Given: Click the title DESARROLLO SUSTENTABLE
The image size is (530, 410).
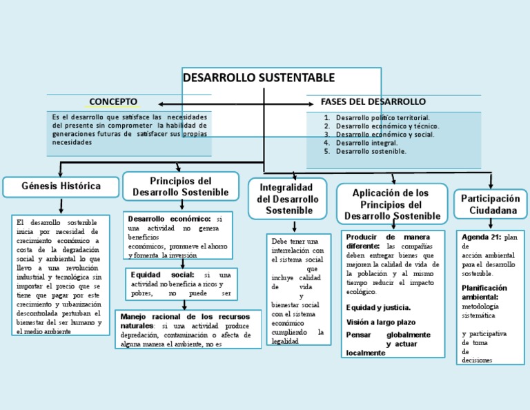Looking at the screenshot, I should (x=259, y=77).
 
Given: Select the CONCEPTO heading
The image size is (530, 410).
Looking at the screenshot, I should (x=113, y=101).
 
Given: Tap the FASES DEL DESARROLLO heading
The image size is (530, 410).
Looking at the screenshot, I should (x=373, y=101).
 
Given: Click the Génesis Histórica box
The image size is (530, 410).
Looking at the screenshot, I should (x=61, y=186).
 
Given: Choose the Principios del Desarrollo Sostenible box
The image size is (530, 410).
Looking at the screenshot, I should (x=181, y=186).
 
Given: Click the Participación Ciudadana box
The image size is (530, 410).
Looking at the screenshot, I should (x=489, y=204).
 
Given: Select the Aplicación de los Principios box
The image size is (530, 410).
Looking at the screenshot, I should (x=391, y=204).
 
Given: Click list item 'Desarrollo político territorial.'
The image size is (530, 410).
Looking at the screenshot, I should (x=382, y=118).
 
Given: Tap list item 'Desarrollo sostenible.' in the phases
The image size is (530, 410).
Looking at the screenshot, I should (x=371, y=151).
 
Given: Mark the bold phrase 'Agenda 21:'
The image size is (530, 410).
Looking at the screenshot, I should (x=482, y=237).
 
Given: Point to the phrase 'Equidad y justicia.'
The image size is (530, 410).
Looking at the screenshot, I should (x=378, y=308).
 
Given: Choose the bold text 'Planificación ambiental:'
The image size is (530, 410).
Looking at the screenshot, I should (x=484, y=292).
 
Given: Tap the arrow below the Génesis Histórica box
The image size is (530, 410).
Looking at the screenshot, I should (x=61, y=205).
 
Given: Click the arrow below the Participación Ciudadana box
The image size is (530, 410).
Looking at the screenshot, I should (x=491, y=222).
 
